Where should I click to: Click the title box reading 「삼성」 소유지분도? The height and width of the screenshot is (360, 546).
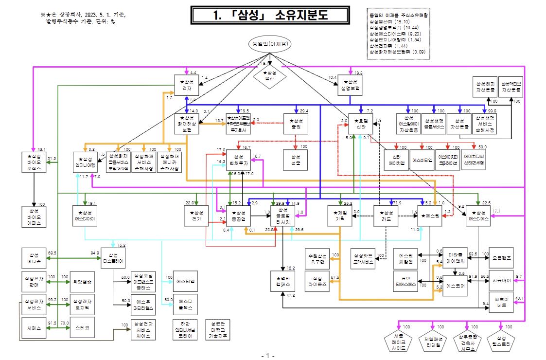pyautogui.click(x=271, y=15)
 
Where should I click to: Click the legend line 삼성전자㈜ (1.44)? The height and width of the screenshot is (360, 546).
pyautogui.click(x=387, y=45)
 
